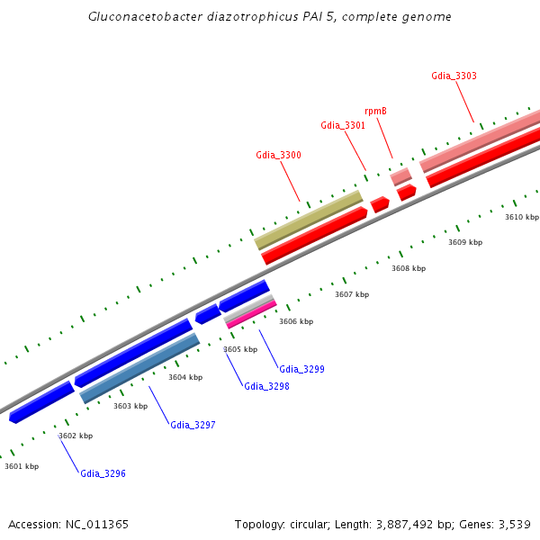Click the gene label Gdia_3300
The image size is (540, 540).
coord(278,155)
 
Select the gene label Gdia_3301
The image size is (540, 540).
coord(343,125)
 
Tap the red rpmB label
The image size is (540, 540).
coord(375,111)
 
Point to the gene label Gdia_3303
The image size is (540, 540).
coord(454,76)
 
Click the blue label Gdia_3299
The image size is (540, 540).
coord(301,369)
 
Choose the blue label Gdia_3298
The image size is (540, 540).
coord(266,386)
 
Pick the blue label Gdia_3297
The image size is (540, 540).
coord(193,424)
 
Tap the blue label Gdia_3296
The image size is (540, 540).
coord(103,473)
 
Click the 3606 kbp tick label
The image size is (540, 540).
coord(296,321)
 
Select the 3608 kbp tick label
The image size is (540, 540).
coord(409,268)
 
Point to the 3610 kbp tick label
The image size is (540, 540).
coord(522,217)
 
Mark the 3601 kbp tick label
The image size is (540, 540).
coord(22,466)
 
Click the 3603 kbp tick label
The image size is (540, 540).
coord(130,406)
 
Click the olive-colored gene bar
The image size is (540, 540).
coord(309,219)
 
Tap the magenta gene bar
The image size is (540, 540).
coord(251,314)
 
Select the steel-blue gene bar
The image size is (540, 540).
coord(139,367)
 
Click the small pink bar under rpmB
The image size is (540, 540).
coord(400,176)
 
